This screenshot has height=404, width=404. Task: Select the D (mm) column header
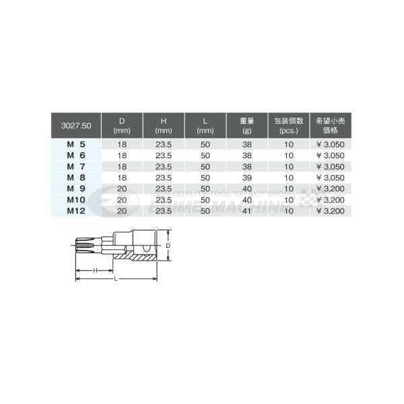122,125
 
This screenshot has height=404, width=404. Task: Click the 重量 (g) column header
246,125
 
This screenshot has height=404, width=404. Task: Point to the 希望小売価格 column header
331,125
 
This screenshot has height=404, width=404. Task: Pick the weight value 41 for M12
246,211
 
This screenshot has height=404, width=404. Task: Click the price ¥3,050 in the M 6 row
331,154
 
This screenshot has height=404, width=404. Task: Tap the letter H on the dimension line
94,269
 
